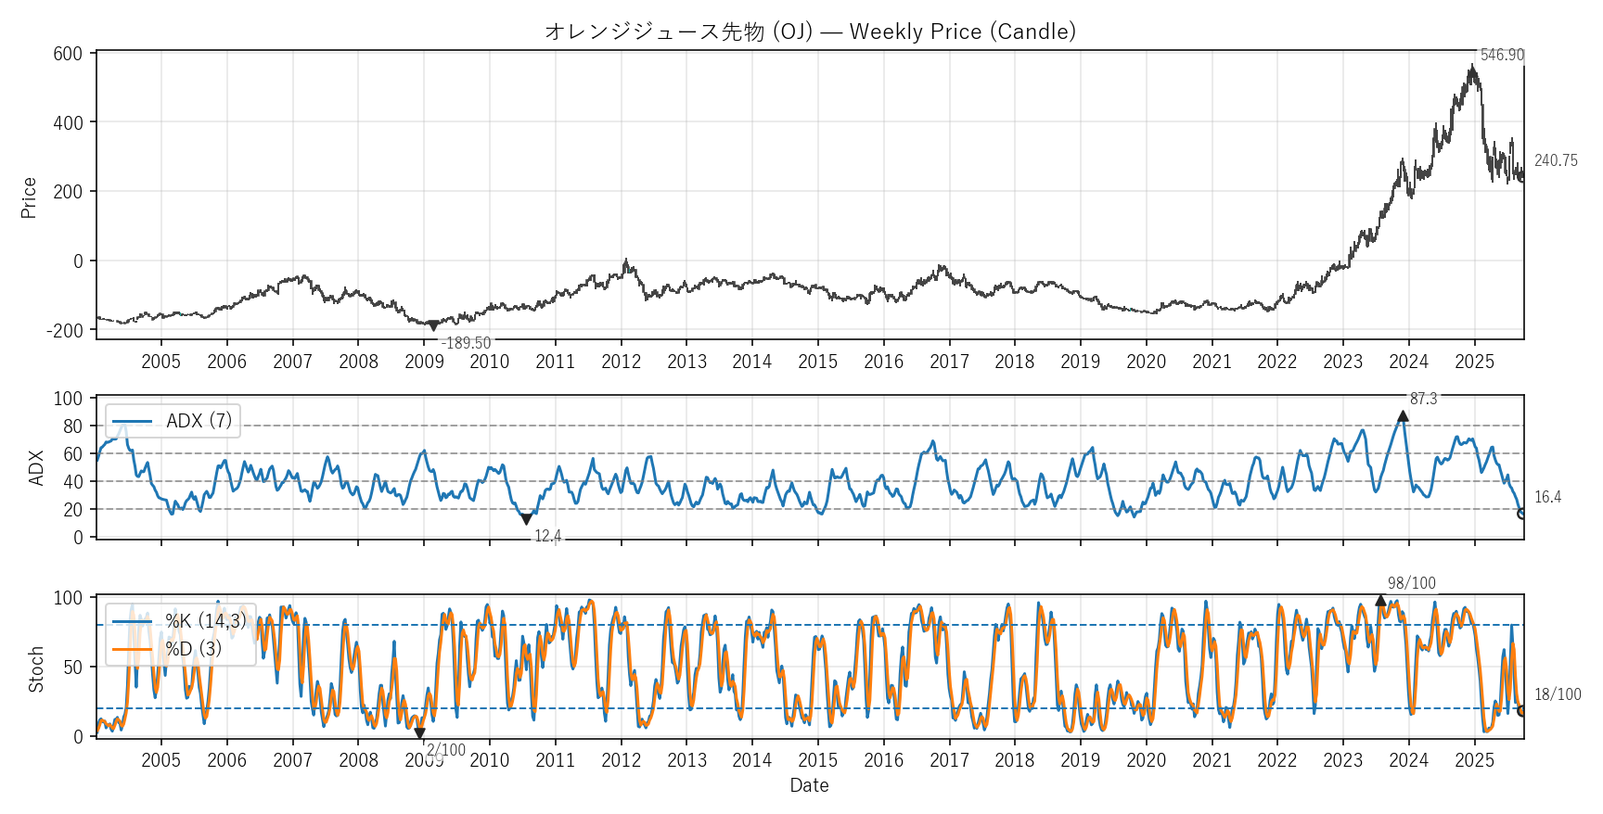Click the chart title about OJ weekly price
[x=810, y=32]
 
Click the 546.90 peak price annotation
[x=1501, y=55]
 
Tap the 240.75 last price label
[x=1556, y=160]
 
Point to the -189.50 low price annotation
[x=466, y=343]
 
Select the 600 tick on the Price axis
[x=68, y=54]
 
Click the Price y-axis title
[x=29, y=197]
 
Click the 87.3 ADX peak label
[x=1423, y=399]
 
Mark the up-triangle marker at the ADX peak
[x=1403, y=416]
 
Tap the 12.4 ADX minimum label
[x=547, y=536]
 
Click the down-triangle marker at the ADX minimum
[x=526, y=519]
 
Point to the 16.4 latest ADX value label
[x=1547, y=498]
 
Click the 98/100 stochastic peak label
[x=1411, y=583]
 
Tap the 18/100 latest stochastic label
[x=1558, y=694]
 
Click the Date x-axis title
[x=809, y=785]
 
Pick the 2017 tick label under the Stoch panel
[x=949, y=760]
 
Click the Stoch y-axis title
[x=36, y=669]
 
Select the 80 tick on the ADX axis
[x=72, y=426]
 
